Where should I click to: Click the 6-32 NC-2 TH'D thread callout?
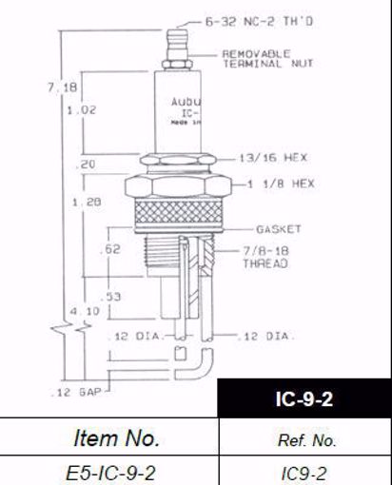click(244, 20)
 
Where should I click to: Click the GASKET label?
click(278, 229)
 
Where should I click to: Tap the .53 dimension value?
click(112, 297)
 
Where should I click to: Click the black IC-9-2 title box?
click(304, 398)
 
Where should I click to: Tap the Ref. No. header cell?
click(304, 439)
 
